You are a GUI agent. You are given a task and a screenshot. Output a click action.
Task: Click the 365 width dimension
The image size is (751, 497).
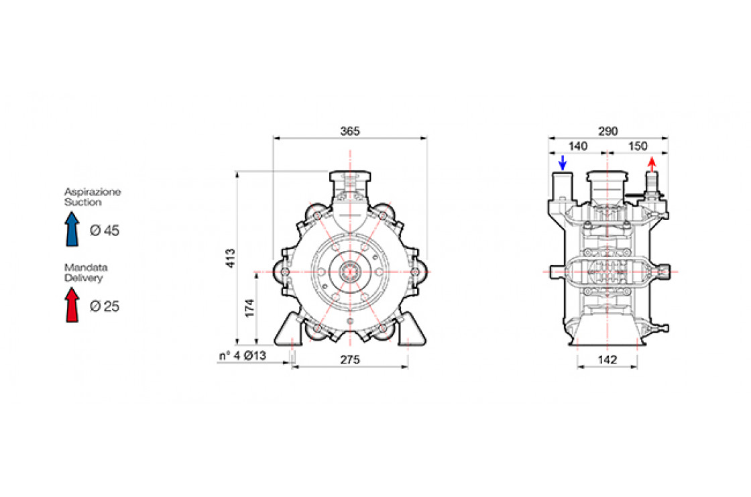point(349,131)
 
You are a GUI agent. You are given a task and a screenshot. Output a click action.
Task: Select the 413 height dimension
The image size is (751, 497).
point(231,258)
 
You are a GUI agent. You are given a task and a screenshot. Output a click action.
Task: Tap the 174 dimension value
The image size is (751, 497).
point(249,308)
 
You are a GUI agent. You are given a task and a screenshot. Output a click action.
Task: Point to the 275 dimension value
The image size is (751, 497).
point(349,360)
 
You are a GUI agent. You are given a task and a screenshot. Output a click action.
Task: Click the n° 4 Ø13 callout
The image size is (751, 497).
point(242,355)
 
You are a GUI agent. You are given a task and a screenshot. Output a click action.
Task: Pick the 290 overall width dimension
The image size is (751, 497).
point(608,131)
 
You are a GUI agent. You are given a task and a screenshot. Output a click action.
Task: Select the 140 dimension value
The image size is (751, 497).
point(577,146)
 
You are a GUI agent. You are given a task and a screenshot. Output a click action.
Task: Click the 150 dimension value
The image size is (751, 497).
point(638,146)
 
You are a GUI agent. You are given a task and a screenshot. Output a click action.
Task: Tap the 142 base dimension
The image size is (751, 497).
point(608,360)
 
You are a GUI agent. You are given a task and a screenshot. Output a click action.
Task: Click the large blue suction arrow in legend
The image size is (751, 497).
point(72,229)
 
